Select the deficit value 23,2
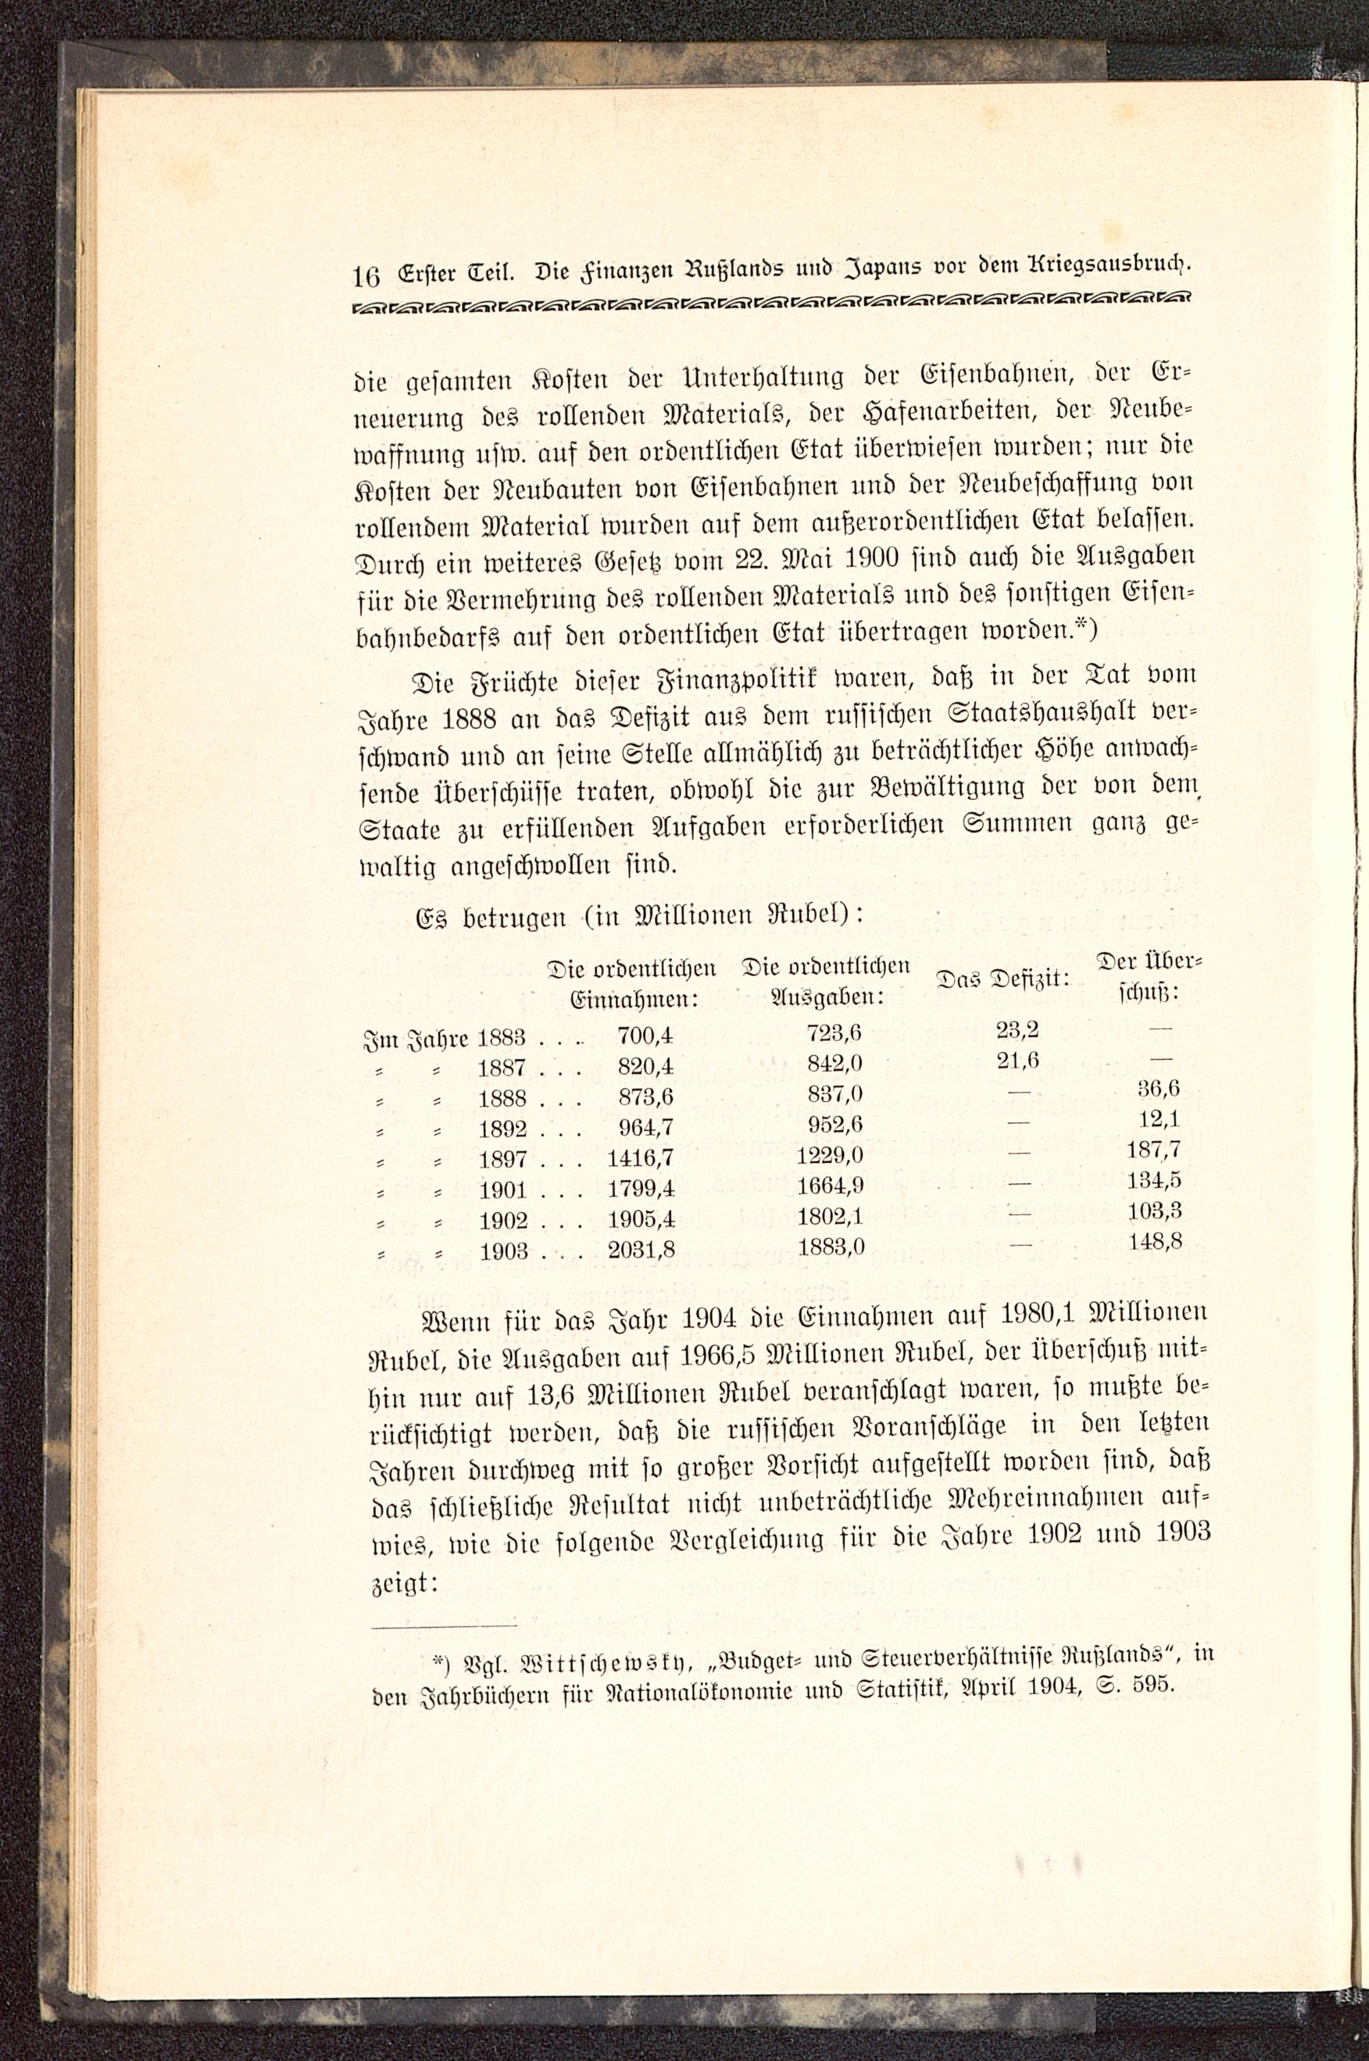coord(1017,1029)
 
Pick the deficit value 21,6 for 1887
coord(1017,1060)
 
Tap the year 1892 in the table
coord(503,1129)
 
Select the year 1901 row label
coord(503,1190)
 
